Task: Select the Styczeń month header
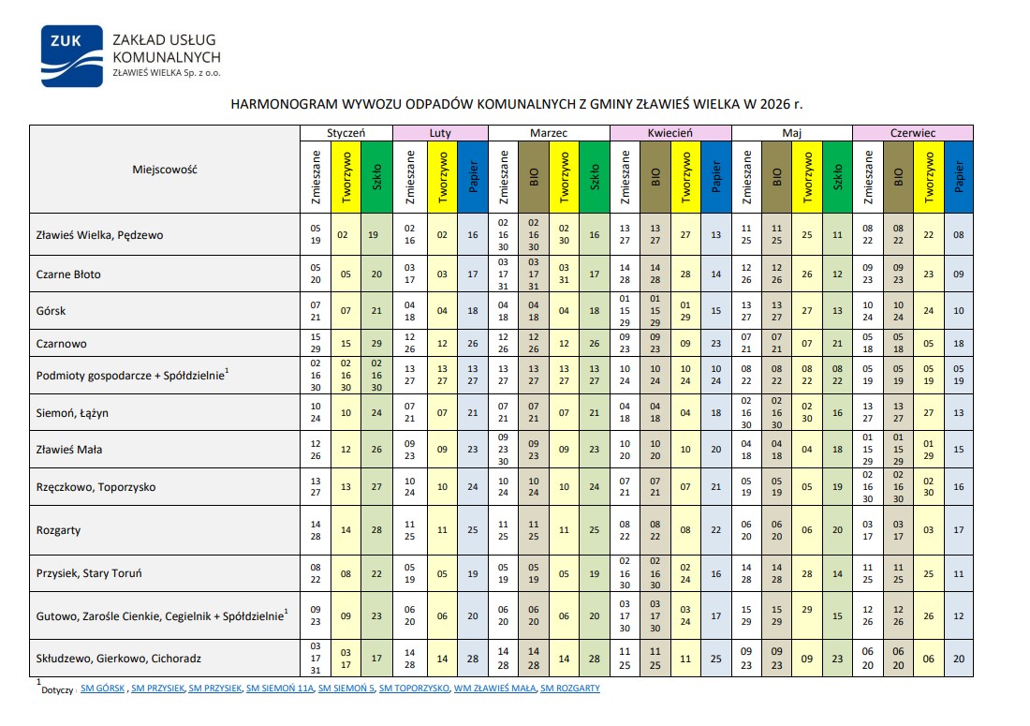(346, 133)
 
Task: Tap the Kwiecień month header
(669, 133)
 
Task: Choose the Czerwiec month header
(912, 133)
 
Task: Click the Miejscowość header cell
(165, 170)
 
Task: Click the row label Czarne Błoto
(67, 274)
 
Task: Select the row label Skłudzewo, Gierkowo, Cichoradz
(118, 659)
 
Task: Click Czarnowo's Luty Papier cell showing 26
(473, 343)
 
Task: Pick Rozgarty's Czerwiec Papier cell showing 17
(958, 530)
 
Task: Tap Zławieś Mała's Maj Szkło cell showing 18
(837, 450)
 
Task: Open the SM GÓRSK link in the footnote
(103, 689)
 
